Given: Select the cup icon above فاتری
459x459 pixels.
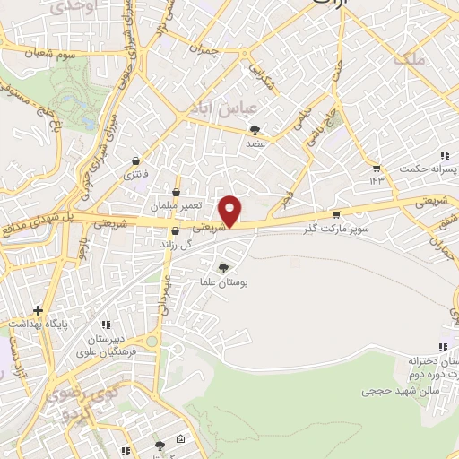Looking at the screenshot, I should click(134, 160).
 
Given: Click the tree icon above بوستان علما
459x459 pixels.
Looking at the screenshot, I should click(224, 267).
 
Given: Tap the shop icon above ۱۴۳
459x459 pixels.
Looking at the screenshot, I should click(377, 167).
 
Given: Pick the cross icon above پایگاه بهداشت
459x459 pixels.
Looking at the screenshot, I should click(38, 309).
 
